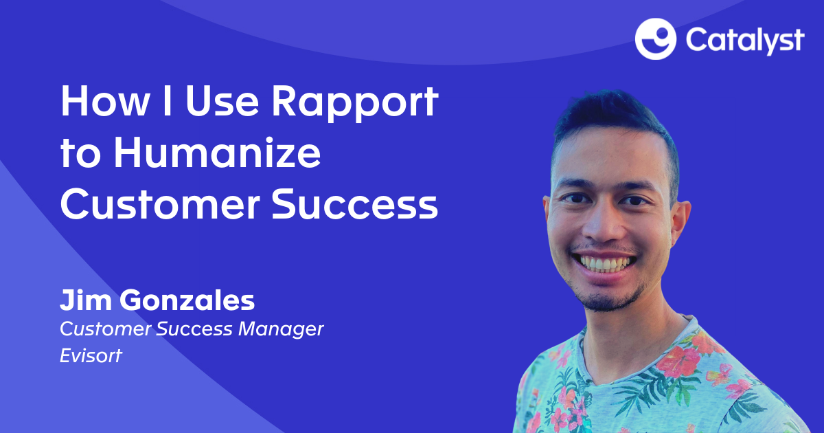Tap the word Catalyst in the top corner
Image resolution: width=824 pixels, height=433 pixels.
click(x=744, y=41)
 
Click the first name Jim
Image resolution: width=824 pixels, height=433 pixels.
click(x=83, y=300)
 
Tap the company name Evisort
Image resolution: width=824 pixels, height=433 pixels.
click(x=91, y=356)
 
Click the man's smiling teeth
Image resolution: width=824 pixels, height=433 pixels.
click(x=604, y=263)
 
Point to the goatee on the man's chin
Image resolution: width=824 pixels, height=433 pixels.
click(x=607, y=297)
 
